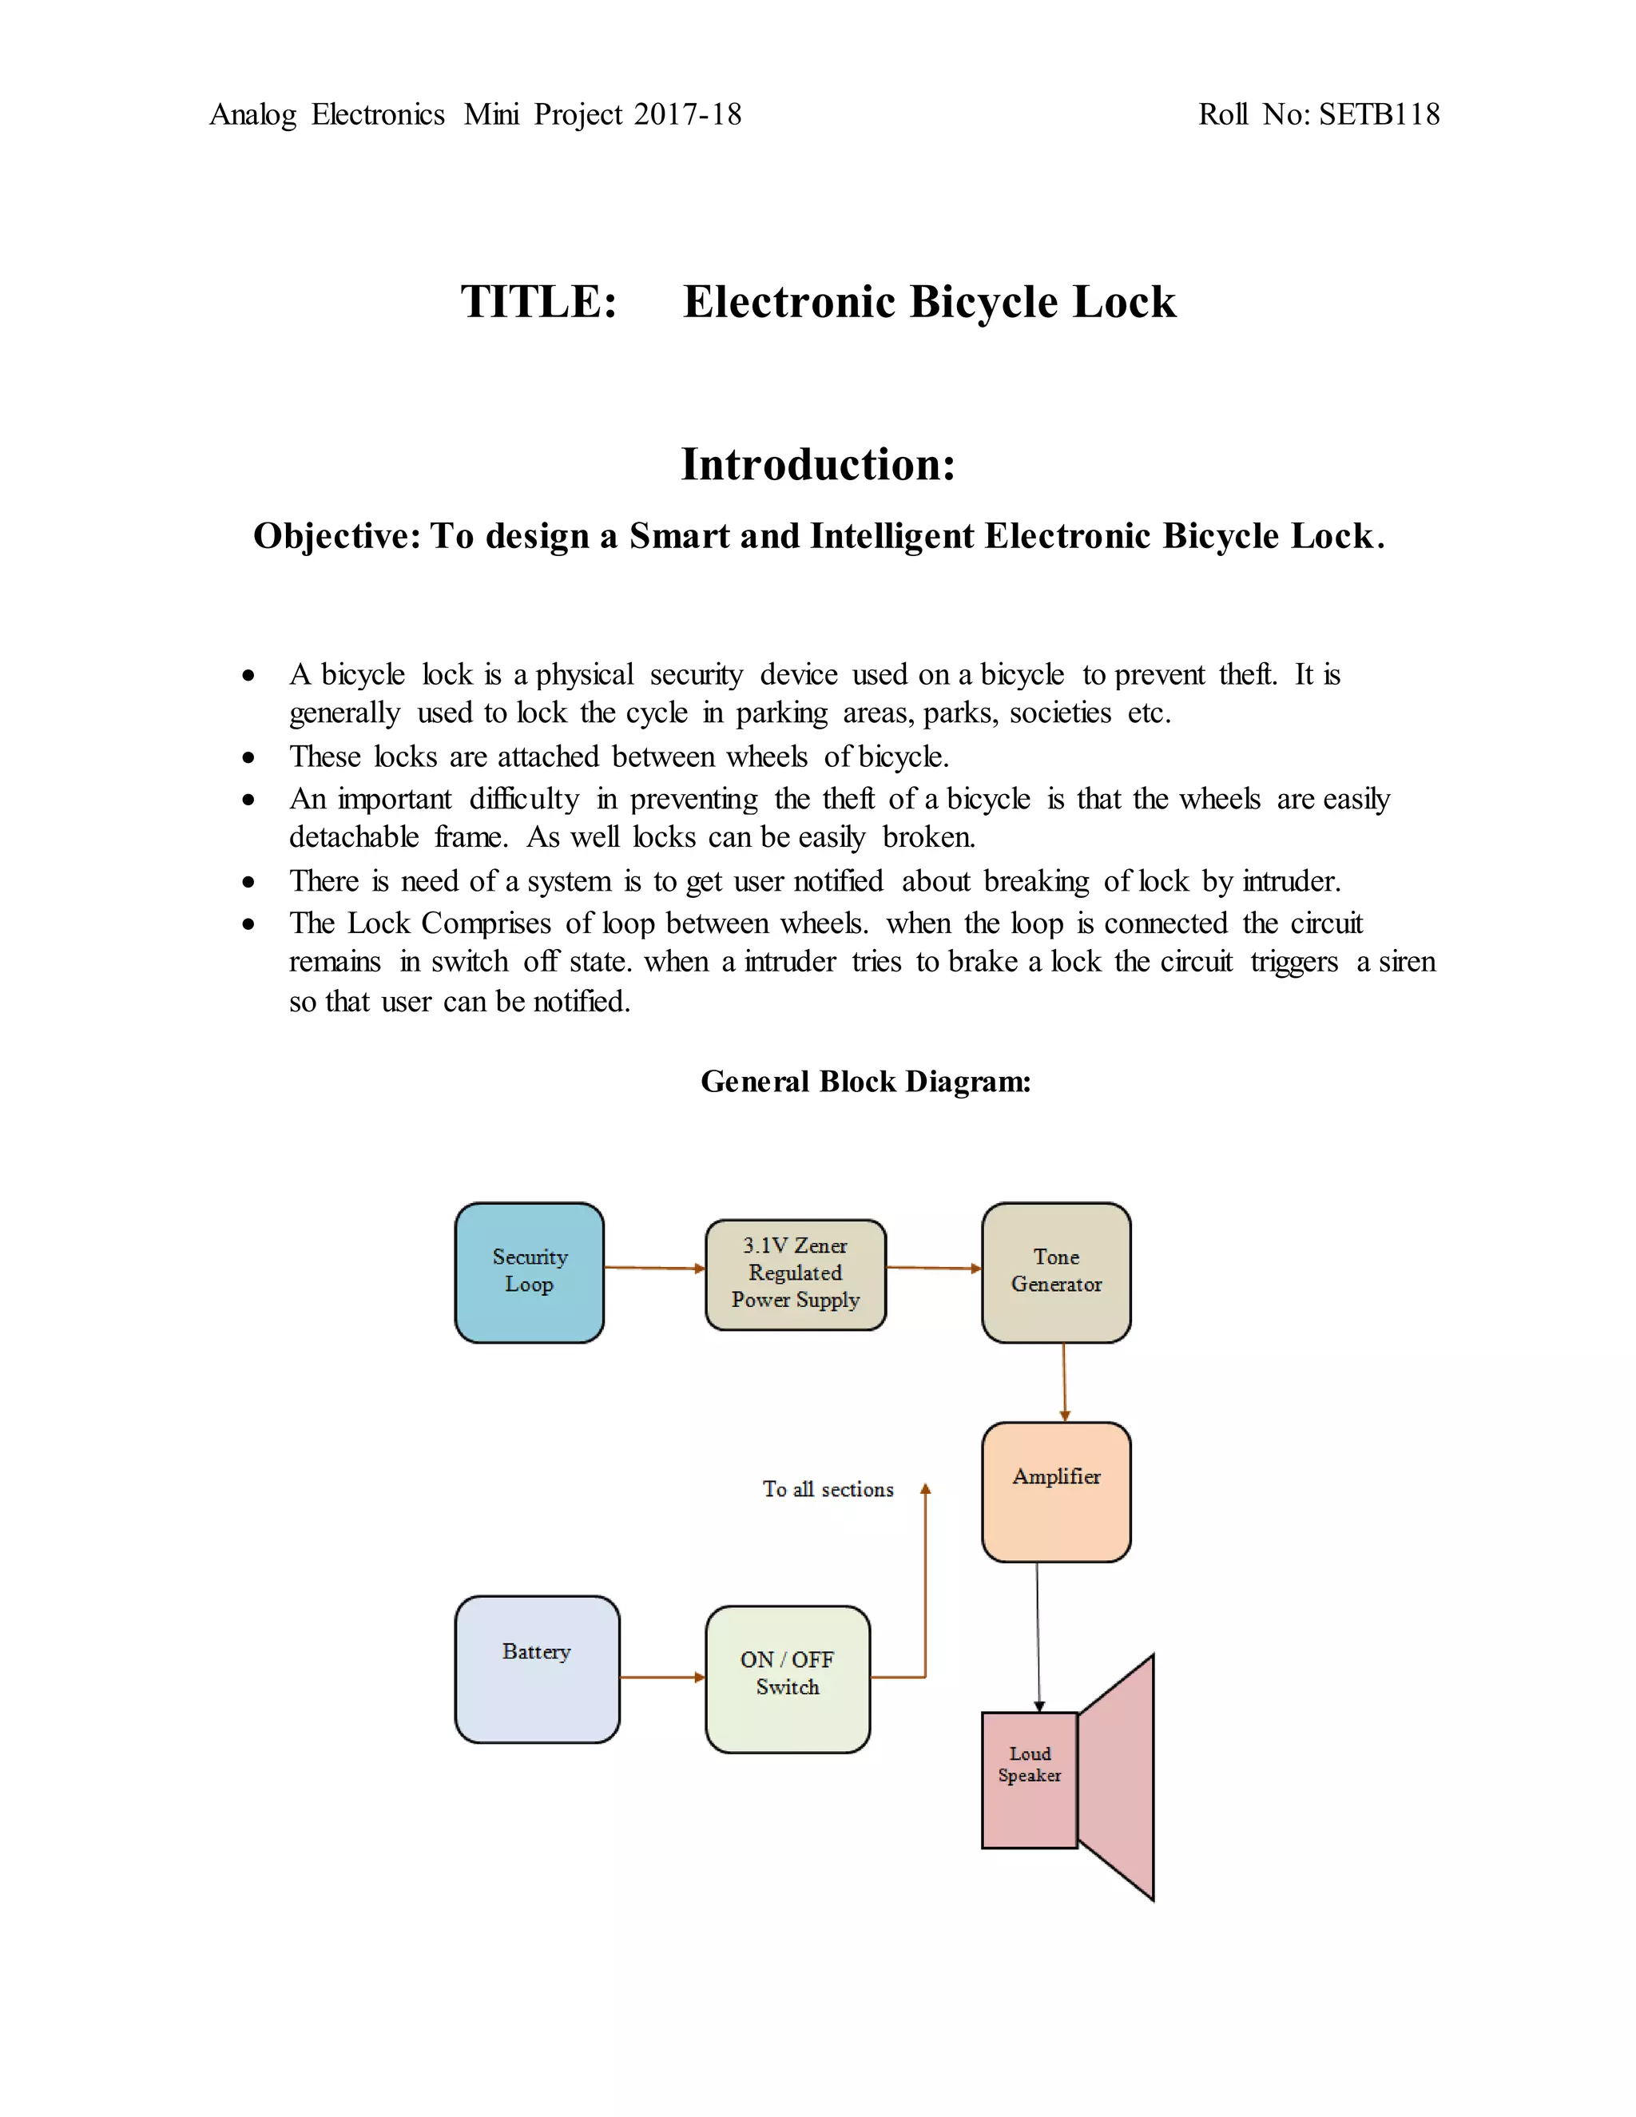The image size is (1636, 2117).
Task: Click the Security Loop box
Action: pos(529,1272)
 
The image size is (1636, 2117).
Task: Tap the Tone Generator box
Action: pos(1055,1272)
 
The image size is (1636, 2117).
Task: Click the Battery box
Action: pos(537,1669)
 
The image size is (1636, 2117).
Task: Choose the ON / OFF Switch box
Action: pos(787,1679)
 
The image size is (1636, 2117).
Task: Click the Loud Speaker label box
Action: pos(1029,1780)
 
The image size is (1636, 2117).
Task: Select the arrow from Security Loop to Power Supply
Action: pos(654,1267)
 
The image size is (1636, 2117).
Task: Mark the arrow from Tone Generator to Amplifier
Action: pos(1064,1381)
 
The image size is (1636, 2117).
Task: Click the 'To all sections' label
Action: pos(828,1489)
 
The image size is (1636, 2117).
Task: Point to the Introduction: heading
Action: pos(818,463)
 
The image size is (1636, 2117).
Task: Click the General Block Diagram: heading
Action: pos(865,1081)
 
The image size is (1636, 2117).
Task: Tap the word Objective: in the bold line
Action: pos(336,535)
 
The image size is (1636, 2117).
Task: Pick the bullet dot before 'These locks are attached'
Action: pos(249,757)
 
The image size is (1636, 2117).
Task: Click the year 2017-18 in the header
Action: pos(687,114)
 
